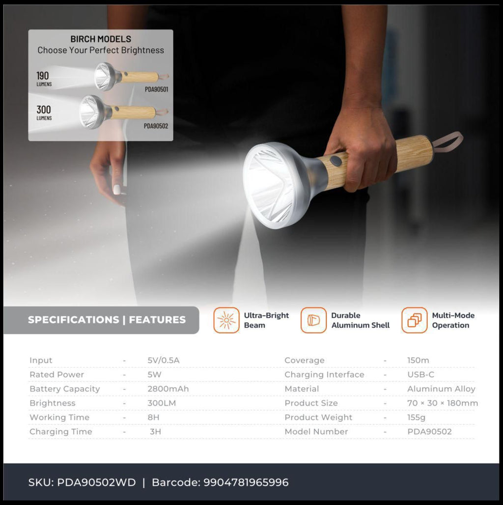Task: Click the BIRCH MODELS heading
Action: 101,39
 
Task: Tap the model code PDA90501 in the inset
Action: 157,89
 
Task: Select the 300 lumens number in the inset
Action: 44,110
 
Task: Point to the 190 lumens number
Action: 43,76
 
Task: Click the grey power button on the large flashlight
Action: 335,161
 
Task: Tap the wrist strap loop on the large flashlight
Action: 447,141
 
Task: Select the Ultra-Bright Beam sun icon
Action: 226,320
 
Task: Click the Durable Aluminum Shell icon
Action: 313,320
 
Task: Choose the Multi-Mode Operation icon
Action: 415,320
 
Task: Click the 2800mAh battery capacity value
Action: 168,389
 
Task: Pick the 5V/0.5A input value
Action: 164,361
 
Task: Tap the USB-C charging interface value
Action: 420,374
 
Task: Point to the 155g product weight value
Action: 417,418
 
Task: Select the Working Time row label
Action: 59,418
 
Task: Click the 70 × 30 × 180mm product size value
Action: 443,403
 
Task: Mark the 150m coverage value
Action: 418,361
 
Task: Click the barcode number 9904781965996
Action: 246,482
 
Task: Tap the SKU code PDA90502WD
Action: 96,482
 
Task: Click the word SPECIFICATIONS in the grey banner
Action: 73,320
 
